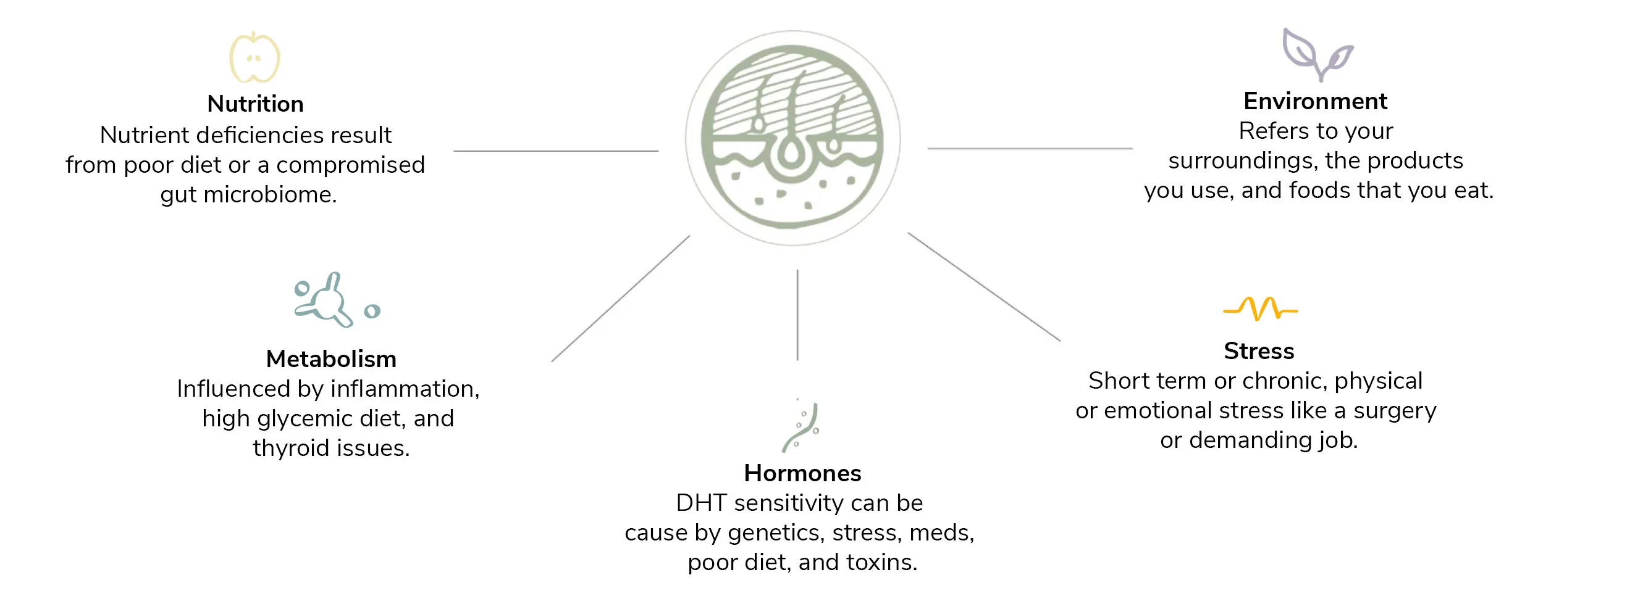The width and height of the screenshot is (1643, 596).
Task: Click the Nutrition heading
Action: click(x=255, y=104)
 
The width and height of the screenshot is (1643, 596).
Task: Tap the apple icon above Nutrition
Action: click(x=254, y=57)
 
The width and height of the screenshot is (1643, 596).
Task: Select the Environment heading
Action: click(x=1315, y=101)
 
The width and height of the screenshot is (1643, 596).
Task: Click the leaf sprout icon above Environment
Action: click(x=1317, y=55)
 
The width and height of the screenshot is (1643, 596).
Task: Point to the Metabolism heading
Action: click(x=331, y=359)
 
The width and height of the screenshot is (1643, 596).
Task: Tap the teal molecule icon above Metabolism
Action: click(x=337, y=300)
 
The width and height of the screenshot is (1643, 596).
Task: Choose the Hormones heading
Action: click(x=802, y=473)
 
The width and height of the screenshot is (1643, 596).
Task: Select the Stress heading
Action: click(x=1258, y=351)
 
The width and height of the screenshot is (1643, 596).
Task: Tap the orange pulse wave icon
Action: click(x=1260, y=309)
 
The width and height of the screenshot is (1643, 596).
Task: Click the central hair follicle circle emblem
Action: click(x=793, y=138)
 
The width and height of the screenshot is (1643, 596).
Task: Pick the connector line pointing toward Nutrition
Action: click(x=555, y=151)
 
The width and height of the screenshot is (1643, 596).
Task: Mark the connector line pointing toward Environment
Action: click(x=1030, y=149)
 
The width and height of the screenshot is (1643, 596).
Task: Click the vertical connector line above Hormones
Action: click(x=797, y=315)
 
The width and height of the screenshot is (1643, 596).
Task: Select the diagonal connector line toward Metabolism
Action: click(x=621, y=299)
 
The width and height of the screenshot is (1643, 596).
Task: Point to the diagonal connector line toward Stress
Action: click(x=984, y=287)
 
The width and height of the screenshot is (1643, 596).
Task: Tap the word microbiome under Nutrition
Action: click(x=270, y=194)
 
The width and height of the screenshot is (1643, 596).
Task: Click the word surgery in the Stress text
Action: click(x=1395, y=411)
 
